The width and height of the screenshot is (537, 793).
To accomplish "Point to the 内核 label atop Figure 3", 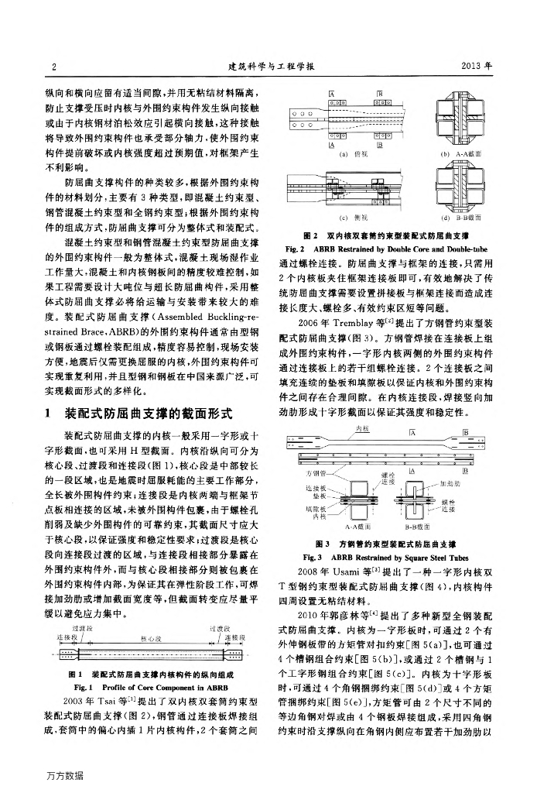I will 361,428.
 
